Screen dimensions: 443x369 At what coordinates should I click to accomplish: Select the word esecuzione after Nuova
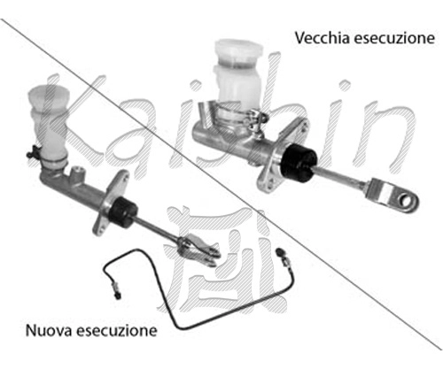[117, 331]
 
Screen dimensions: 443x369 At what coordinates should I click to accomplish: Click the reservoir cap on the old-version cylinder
[238, 50]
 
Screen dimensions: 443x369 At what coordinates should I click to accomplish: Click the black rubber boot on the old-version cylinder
[299, 163]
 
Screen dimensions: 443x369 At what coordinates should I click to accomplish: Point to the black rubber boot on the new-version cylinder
[123, 211]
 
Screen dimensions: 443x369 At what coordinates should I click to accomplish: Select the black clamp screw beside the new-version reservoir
[33, 151]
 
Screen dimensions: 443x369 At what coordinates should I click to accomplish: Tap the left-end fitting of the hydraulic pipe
[115, 289]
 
